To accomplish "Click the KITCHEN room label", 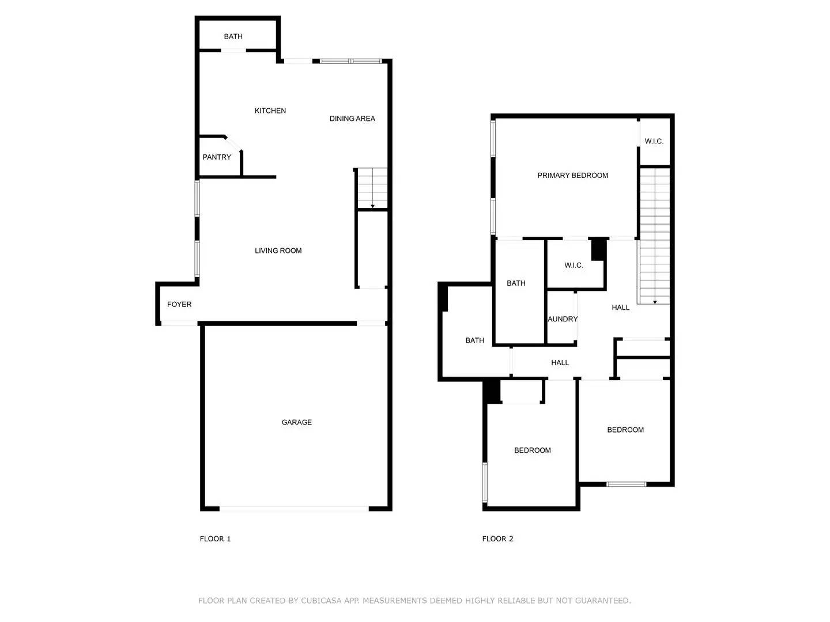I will [270, 111].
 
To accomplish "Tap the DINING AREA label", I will [352, 119].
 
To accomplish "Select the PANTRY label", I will [217, 157].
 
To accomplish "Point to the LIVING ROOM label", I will [278, 251].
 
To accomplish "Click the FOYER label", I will [179, 304].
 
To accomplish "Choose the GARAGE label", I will [297, 422].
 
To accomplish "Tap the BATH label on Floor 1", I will [233, 36].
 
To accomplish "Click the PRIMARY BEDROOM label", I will [572, 176].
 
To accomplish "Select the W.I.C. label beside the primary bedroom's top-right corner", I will [654, 141].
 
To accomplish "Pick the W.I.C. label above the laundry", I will [574, 266].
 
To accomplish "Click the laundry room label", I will [563, 319].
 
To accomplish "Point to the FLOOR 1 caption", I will [215, 539].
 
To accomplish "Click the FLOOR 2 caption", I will [497, 539].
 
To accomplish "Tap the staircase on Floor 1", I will [372, 188].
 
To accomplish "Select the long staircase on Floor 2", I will [655, 236].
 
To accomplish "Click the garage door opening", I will [294, 509].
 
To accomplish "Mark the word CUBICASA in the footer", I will [322, 601].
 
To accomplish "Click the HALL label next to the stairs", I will [621, 308].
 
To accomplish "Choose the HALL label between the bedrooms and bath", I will [560, 363].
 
